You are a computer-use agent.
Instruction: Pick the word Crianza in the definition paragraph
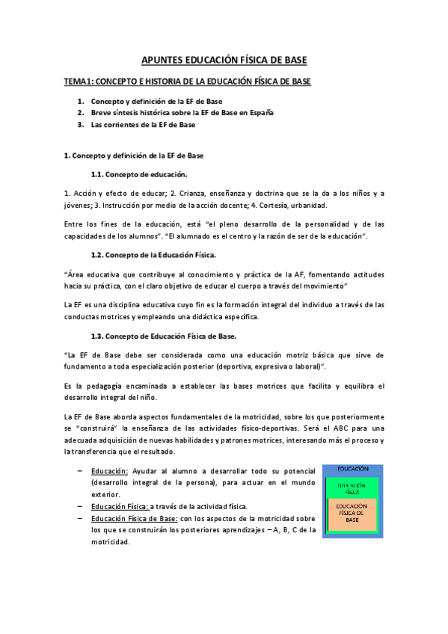(164, 193)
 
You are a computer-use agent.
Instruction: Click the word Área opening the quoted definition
(76, 274)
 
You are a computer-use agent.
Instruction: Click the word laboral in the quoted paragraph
(307, 367)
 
